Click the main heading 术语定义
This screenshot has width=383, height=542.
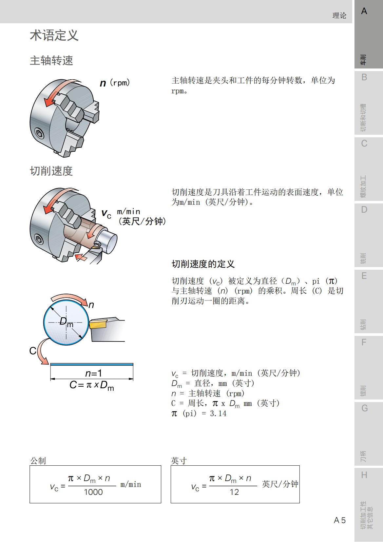click(x=54, y=35)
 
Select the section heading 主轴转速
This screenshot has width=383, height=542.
click(x=51, y=61)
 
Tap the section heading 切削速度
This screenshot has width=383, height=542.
click(x=51, y=171)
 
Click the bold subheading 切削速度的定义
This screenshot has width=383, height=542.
click(x=203, y=264)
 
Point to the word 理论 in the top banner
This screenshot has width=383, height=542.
click(x=339, y=15)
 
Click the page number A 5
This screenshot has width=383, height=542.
click(x=340, y=520)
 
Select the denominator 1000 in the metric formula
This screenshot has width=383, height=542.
click(x=93, y=492)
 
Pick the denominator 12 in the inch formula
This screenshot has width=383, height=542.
click(x=234, y=492)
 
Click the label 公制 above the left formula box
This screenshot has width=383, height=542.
click(x=38, y=461)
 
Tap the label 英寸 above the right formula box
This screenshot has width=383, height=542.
click(x=179, y=461)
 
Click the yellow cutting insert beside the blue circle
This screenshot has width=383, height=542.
click(x=98, y=324)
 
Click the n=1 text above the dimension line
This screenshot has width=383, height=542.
click(x=93, y=373)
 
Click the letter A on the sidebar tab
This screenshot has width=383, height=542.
click(x=364, y=11)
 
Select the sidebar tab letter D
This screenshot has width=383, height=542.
click(x=364, y=210)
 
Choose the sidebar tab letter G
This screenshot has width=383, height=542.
click(x=364, y=408)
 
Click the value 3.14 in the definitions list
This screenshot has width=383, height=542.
click(x=218, y=414)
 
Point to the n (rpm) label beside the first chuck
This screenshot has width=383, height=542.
click(x=115, y=83)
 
